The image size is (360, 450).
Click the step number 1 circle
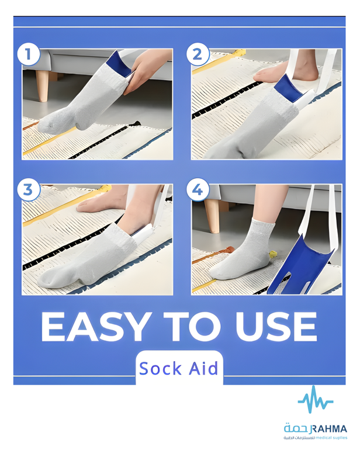pyautogui.click(x=28, y=54)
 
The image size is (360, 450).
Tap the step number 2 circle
pyautogui.click(x=197, y=54)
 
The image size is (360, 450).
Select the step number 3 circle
pyautogui.click(x=28, y=190)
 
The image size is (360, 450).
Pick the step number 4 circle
pyautogui.click(x=197, y=190)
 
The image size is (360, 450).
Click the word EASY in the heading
pyautogui.click(x=96, y=327)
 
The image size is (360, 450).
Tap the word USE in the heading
pyautogui.click(x=276, y=327)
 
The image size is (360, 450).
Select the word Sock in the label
pyautogui.click(x=161, y=369)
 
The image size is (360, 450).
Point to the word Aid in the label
pyautogui.click(x=203, y=368)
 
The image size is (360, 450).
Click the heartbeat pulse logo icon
pyautogui.click(x=315, y=399)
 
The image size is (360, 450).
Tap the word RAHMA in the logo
pyautogui.click(x=329, y=429)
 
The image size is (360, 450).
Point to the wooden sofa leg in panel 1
pyautogui.click(x=43, y=85)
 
